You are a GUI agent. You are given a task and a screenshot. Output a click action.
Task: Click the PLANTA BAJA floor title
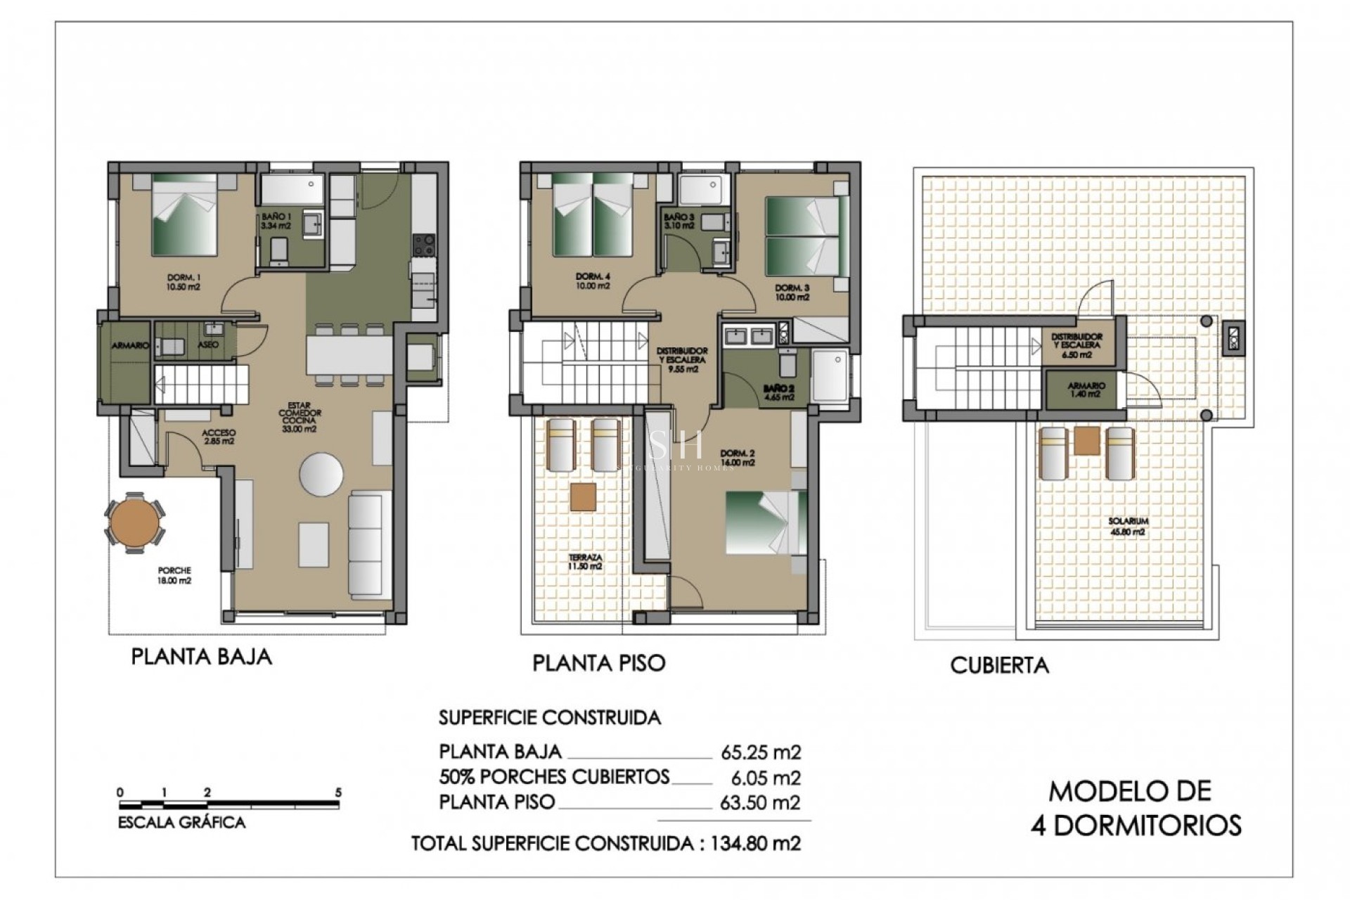(x=201, y=656)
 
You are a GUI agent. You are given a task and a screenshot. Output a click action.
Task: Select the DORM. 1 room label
(x=184, y=282)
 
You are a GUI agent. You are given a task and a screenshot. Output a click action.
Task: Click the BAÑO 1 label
(x=275, y=221)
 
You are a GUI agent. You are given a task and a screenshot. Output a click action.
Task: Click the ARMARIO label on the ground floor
(x=130, y=345)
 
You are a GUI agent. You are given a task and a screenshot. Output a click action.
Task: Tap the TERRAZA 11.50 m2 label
(x=585, y=562)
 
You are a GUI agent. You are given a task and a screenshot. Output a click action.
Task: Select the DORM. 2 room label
(x=737, y=458)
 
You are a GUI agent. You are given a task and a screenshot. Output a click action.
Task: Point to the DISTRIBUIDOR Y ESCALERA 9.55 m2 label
(x=682, y=359)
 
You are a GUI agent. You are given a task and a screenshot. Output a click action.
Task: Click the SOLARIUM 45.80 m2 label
(x=1128, y=526)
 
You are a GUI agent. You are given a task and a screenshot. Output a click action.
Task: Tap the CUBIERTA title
(x=999, y=665)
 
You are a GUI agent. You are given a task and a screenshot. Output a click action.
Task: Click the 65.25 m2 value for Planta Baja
(x=761, y=752)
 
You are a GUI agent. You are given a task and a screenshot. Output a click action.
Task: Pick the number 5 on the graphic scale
(x=338, y=792)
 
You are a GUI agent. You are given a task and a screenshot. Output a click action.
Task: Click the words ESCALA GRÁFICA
(x=181, y=822)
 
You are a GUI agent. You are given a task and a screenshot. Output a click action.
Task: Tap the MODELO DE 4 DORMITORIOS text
(x=1136, y=808)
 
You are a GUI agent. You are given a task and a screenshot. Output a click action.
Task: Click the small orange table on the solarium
(x=1087, y=440)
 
